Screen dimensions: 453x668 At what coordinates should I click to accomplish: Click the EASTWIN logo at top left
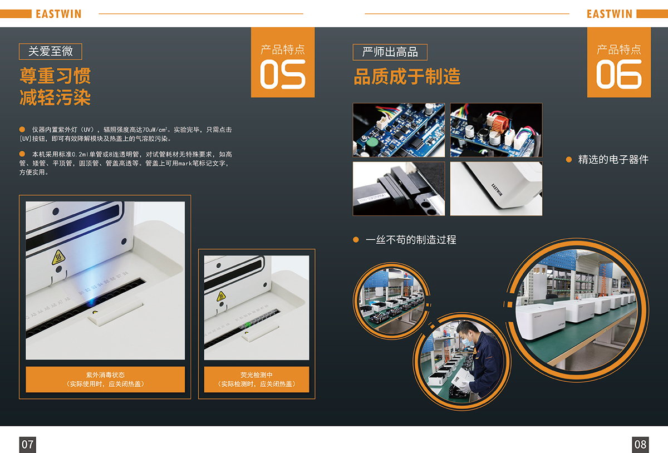(58, 14)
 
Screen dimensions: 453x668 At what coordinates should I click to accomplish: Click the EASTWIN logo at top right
(610, 14)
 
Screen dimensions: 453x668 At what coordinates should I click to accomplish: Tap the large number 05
(283, 75)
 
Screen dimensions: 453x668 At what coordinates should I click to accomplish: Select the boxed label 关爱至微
(51, 52)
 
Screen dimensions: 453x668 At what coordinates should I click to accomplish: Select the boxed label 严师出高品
(390, 52)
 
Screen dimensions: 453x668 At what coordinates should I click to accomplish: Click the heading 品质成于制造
(407, 77)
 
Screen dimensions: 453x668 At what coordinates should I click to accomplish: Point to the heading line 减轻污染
(55, 98)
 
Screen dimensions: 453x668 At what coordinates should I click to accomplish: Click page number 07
(27, 444)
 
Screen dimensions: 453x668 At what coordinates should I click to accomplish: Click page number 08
(640, 444)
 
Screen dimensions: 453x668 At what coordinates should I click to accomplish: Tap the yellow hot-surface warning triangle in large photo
(58, 258)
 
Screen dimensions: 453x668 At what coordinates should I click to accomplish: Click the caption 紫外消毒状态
(105, 375)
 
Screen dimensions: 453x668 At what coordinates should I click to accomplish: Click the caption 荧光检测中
(257, 375)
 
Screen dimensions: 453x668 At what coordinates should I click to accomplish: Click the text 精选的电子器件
(613, 160)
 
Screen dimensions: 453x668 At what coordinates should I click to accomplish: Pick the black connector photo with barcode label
(399, 189)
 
